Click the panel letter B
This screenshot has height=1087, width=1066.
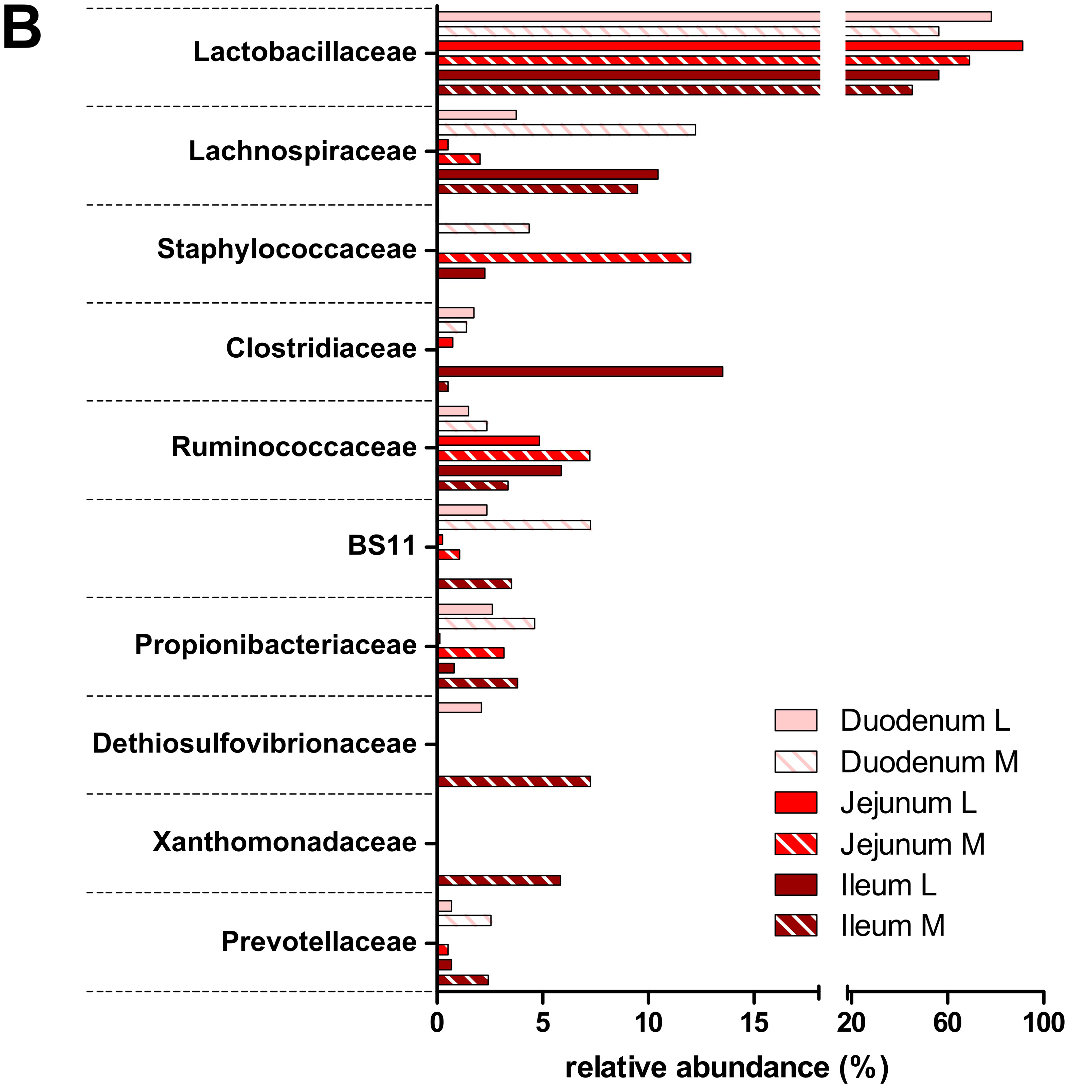[22, 29]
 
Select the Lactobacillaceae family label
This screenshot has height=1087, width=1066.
[305, 52]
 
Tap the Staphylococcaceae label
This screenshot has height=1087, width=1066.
[287, 249]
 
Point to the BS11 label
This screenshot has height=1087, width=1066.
[381, 546]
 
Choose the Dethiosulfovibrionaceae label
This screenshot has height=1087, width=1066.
[255, 744]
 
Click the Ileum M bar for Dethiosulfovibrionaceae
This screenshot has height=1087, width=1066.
[513, 782]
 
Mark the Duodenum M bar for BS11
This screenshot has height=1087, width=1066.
[513, 525]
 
